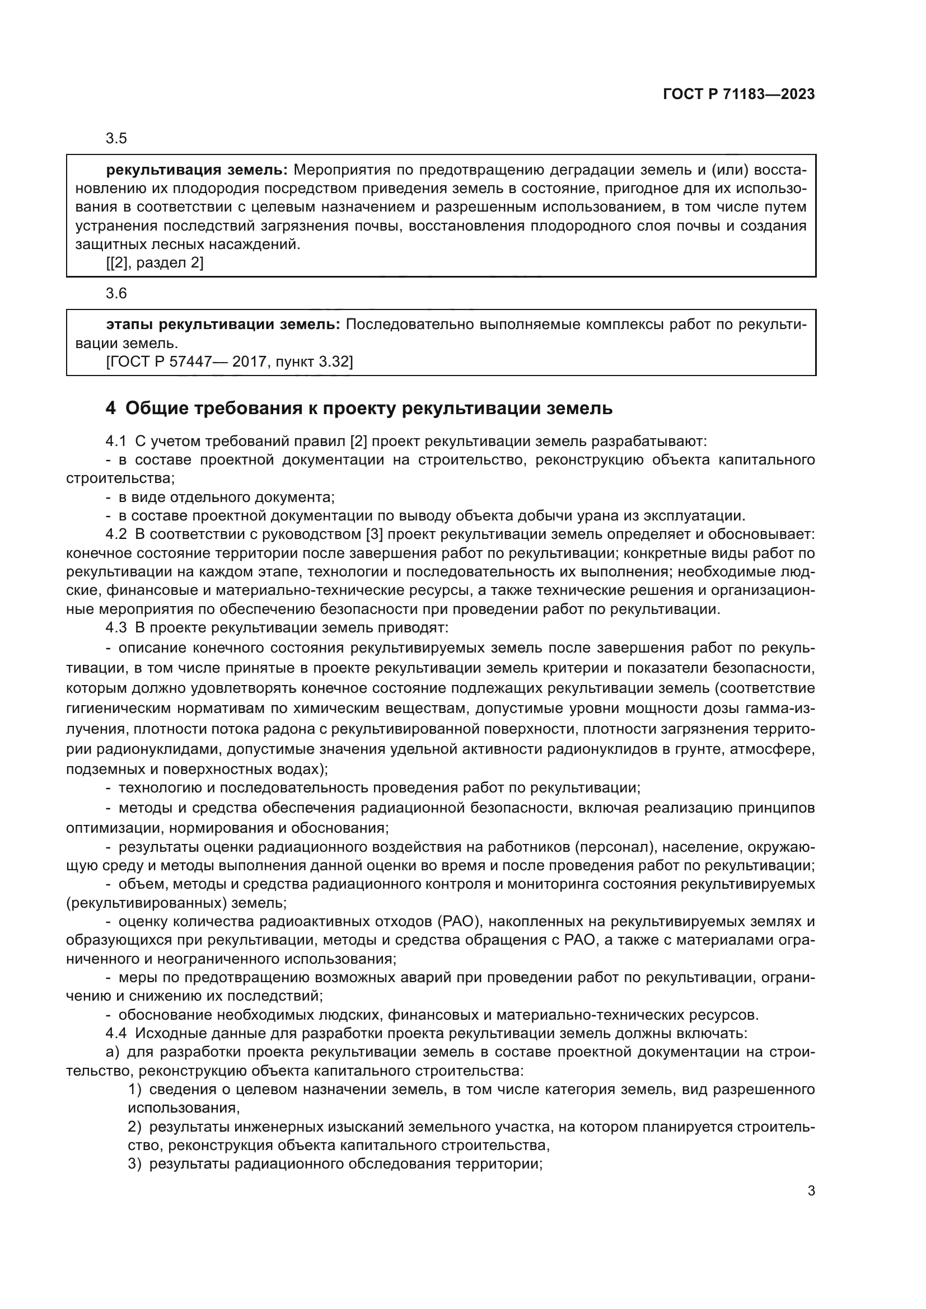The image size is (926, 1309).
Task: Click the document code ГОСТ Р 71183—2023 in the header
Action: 738,95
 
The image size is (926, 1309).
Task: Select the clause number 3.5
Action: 116,139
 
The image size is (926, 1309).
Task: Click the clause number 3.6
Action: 116,294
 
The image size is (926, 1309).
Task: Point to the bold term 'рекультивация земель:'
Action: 197,170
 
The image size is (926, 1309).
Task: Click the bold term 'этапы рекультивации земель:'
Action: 223,325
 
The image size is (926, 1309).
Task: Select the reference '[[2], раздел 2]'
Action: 155,263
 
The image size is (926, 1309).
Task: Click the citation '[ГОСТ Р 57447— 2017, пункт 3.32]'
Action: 229,362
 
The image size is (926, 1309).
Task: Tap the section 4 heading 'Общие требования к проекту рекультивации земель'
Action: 368,408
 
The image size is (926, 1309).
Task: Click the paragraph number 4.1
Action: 116,441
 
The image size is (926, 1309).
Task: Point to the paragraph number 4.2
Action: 116,535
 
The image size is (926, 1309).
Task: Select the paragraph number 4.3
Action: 116,628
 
